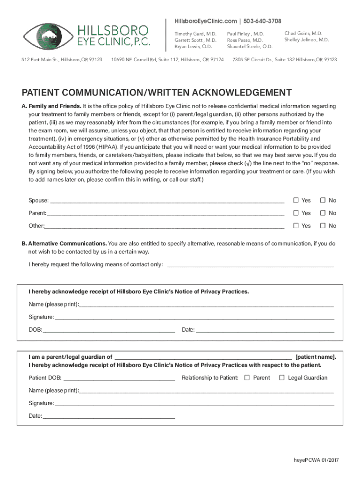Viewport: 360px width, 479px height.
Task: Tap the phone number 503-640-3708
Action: (263, 22)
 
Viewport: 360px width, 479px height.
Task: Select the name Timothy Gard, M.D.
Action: (195, 34)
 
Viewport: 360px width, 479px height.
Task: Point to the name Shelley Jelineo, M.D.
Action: (306, 40)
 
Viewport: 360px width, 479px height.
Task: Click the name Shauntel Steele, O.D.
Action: (250, 47)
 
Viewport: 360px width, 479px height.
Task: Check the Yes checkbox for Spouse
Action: (296, 201)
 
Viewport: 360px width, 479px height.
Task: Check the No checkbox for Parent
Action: (323, 213)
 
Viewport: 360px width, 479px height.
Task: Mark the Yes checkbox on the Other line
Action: (296, 226)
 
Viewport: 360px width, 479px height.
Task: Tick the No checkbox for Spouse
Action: (323, 201)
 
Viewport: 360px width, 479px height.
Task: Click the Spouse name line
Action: (166, 202)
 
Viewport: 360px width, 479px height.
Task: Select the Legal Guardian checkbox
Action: (282, 378)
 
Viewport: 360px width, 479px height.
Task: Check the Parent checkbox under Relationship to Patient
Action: (247, 378)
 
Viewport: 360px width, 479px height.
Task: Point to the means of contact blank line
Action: (250, 266)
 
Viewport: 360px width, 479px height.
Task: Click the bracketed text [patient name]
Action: (316, 357)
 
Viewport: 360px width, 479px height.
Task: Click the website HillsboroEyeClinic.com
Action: (205, 22)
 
